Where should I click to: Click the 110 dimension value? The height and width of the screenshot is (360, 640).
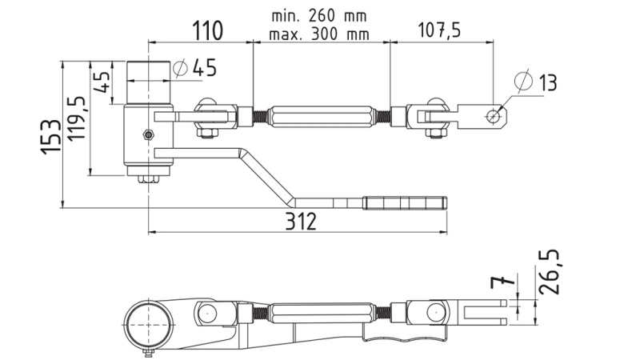pos(206,32)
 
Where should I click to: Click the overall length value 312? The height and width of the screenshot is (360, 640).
pos(298,222)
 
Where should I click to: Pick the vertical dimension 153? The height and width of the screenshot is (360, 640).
pos(50,137)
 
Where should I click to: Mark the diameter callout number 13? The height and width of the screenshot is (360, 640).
pos(547,82)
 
